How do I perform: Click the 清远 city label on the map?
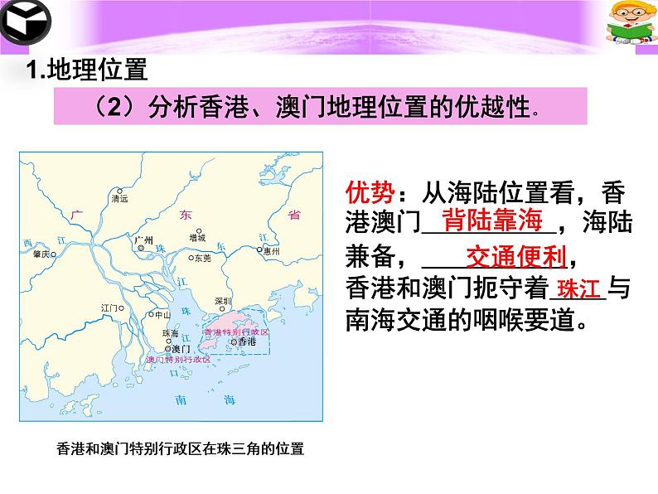point(120,199)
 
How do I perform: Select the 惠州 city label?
point(271,249)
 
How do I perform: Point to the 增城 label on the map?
point(197,237)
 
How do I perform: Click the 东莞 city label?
point(202,258)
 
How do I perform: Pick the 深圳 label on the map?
point(222,301)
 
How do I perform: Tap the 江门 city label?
point(110,308)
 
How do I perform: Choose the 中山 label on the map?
point(162,315)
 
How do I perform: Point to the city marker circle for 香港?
point(235,341)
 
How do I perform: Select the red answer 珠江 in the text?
point(578,290)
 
